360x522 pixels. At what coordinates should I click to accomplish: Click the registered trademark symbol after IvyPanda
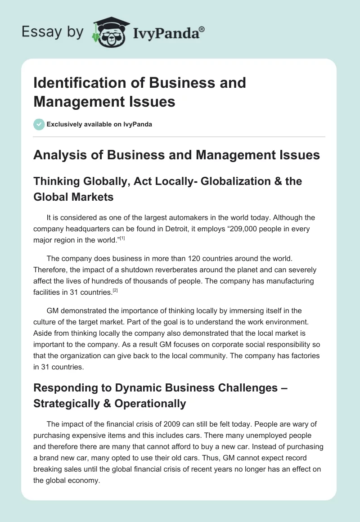coord(202,29)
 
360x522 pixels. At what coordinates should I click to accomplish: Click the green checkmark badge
coord(39,124)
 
